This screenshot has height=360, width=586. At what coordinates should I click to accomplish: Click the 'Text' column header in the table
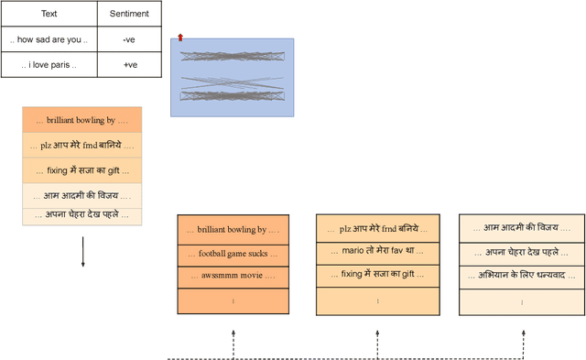pos(48,14)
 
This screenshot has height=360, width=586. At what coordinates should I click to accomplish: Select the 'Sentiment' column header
pos(128,14)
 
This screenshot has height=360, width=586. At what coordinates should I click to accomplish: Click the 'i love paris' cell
pos(48,65)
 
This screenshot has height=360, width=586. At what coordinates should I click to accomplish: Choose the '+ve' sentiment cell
pos(128,65)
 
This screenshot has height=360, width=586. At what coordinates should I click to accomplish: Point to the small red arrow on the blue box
pos(180,38)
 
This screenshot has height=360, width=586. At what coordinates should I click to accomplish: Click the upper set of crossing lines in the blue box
pos(232,56)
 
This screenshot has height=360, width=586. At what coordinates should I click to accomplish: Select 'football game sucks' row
pos(233,252)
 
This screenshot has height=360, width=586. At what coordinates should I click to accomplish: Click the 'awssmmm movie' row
pos(233,275)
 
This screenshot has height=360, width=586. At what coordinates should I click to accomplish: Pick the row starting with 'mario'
pos(378,251)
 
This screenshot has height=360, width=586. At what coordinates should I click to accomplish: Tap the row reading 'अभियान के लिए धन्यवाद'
pos(521,275)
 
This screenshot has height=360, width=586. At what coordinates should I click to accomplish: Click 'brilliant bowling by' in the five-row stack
pos(82,120)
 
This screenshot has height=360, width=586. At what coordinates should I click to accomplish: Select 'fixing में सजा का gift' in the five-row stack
pos(82,169)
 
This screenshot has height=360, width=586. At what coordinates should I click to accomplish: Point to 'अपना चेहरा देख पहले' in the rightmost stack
pos(521,251)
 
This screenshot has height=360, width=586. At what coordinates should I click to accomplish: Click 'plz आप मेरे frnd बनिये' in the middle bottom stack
pos(378,229)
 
